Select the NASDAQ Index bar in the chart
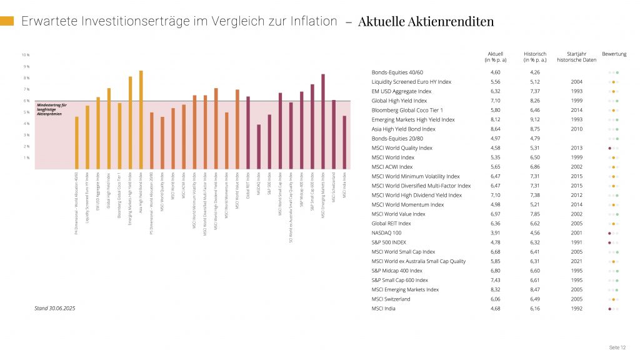259,147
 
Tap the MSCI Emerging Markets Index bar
323,122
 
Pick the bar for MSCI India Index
344,142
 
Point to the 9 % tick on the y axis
27,66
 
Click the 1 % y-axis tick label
27,157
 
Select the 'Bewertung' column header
614,54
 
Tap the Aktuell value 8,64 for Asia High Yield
496,129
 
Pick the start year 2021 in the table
576,261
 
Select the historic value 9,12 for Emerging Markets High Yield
535,119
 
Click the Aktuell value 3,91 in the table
496,232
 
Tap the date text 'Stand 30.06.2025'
55,308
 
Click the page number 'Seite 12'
617,347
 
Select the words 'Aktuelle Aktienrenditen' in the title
426,22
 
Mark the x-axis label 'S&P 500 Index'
269,186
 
